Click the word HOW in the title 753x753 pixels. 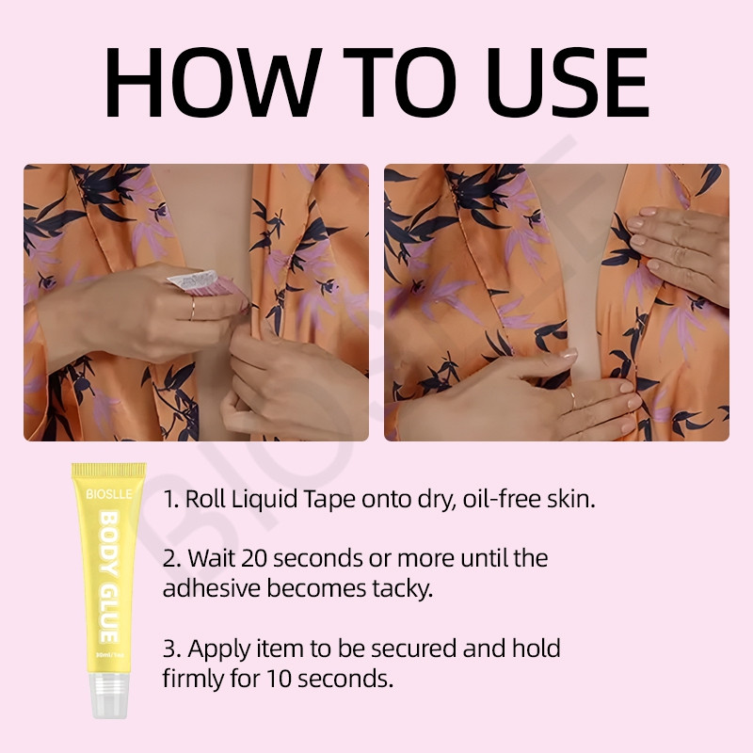coord(212,82)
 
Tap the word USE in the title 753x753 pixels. coord(568,82)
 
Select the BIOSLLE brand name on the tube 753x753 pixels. coord(109,494)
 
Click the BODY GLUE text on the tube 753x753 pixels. coord(108,577)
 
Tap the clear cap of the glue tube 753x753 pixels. coord(109,696)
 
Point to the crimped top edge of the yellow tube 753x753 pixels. coord(108,469)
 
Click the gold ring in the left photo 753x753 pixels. coord(192,309)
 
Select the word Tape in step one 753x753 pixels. coord(329,500)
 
